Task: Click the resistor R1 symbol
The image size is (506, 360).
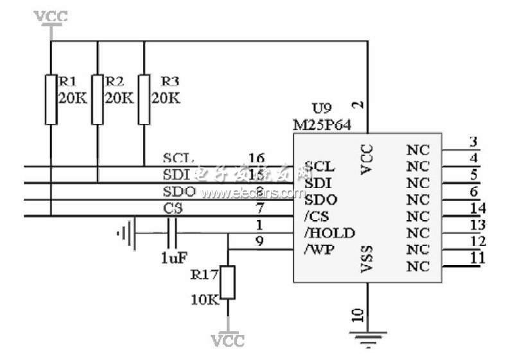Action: tap(51, 99)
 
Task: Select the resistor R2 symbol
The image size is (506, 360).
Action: tap(98, 99)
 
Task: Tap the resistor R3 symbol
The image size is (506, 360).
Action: tap(144, 99)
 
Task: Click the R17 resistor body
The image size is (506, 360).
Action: tap(228, 282)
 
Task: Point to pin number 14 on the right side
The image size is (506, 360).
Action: tap(476, 208)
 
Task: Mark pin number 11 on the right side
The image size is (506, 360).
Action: tap(476, 258)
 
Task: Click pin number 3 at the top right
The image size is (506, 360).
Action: tap(473, 142)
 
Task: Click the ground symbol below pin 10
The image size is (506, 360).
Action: tap(367, 338)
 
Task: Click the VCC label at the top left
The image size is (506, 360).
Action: tap(51, 16)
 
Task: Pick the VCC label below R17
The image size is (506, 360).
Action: tap(228, 339)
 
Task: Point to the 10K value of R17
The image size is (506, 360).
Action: tap(204, 299)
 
